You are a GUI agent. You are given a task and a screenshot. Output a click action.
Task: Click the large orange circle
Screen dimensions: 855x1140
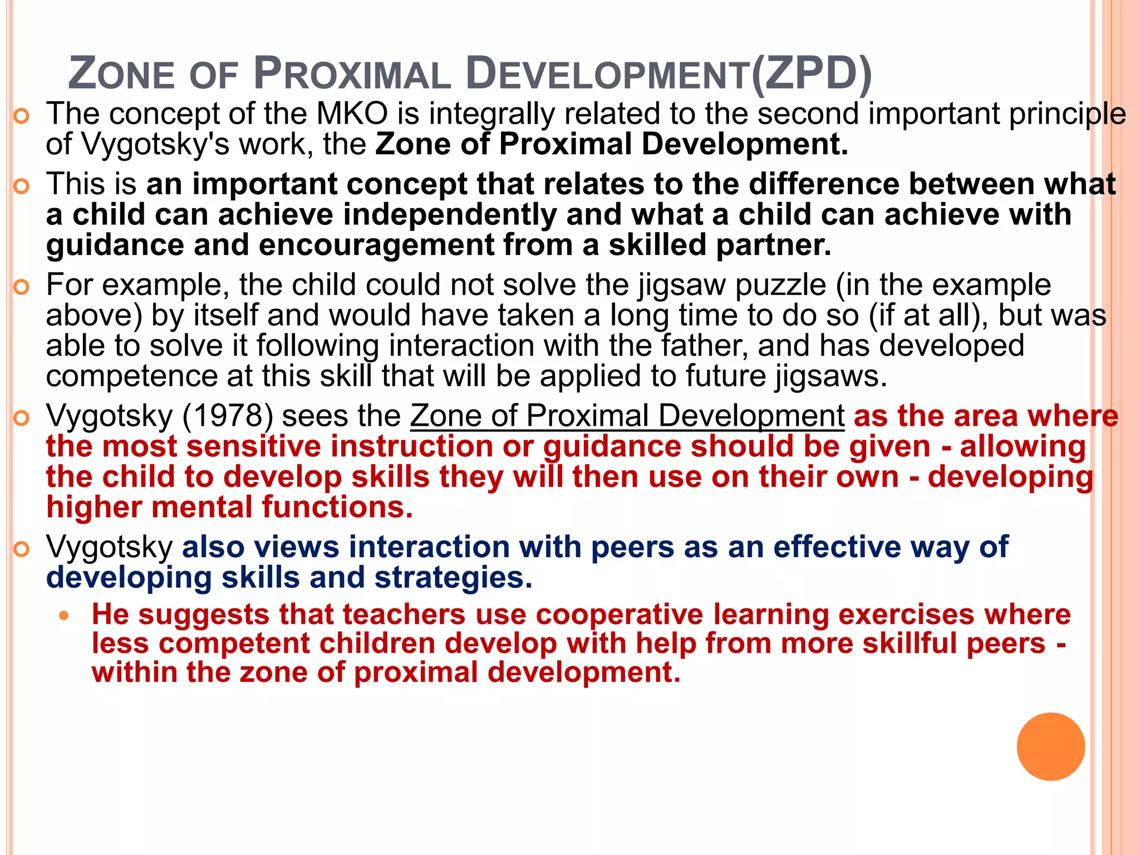click(x=1050, y=746)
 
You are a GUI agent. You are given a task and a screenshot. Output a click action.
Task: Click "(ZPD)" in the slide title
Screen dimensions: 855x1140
click(x=811, y=74)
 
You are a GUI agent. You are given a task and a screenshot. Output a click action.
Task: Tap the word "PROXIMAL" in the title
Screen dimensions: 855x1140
click(x=352, y=74)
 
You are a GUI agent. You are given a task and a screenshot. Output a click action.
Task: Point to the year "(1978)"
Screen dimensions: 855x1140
click(x=227, y=416)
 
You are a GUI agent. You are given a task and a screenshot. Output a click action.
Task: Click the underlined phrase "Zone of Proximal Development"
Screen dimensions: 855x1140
click(x=627, y=416)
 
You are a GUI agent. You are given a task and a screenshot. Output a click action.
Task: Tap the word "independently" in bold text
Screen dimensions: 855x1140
click(x=450, y=215)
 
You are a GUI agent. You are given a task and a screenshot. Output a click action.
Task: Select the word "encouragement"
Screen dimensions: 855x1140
click(x=376, y=245)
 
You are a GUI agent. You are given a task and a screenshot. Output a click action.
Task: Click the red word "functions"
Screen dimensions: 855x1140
click(x=337, y=508)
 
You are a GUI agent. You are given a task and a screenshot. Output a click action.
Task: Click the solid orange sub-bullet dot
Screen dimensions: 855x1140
click(x=65, y=616)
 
